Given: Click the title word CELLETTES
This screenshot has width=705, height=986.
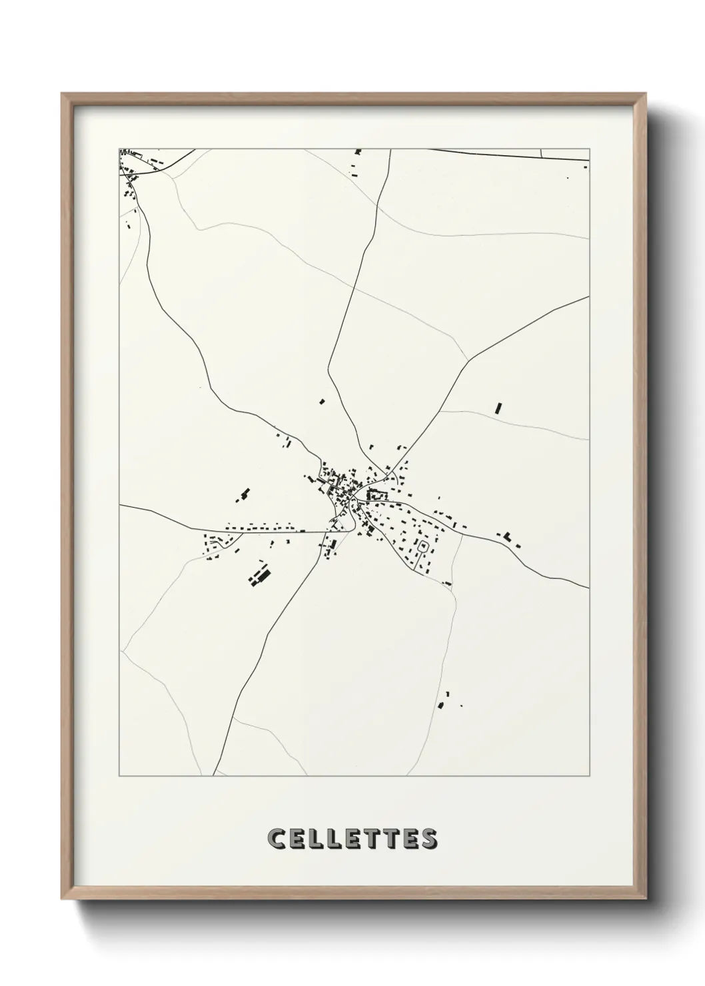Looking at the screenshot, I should point(352,839).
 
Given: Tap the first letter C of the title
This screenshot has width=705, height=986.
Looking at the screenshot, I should point(275,839).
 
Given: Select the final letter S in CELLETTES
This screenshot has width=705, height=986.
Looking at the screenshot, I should point(430,839).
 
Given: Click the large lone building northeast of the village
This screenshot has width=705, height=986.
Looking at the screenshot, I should point(498,408).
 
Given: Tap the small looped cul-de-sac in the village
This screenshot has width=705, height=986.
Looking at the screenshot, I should point(422,546).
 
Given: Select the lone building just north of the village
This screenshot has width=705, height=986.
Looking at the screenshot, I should point(321,402).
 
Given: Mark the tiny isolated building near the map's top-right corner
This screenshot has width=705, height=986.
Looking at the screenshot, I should point(568,177).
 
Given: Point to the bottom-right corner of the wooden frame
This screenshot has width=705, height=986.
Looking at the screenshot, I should point(646,899).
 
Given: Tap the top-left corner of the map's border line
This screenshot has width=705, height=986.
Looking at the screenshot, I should point(119,149).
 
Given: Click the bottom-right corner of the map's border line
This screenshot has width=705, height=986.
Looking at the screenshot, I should point(589,776).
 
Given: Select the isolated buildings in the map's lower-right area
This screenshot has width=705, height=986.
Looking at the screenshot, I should point(443,700).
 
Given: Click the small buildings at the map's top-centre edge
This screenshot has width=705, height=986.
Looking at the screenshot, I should point(357,153).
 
